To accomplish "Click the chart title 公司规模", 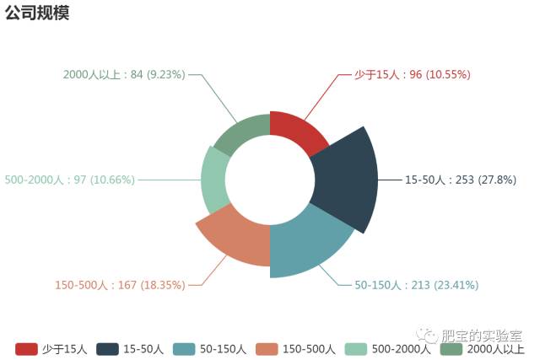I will click(37, 13).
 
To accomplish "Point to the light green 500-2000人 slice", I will click(213, 180).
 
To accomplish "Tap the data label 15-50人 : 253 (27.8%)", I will click(460, 180).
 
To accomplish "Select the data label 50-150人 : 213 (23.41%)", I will click(422, 285).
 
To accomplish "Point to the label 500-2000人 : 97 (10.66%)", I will click(69, 180).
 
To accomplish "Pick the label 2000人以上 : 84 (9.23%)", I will click(124, 74).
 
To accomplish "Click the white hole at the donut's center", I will click(270, 181).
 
